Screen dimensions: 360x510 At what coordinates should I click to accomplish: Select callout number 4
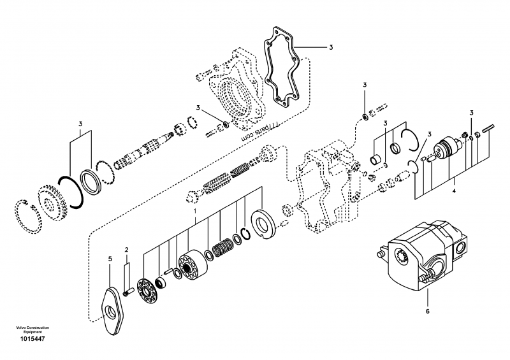(453, 190)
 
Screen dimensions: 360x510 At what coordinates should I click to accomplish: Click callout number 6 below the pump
(428, 312)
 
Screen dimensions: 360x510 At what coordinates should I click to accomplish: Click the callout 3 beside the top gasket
(331, 47)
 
